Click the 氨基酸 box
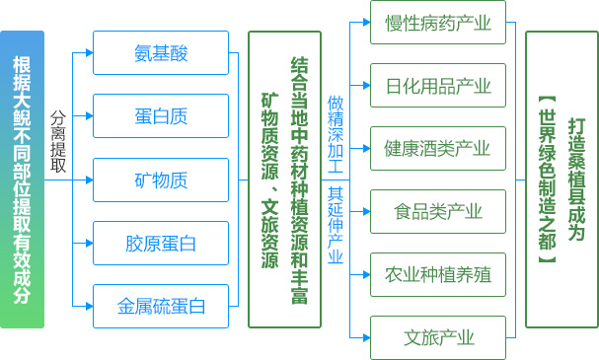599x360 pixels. [x=160, y=53]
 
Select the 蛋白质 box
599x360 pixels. [x=160, y=116]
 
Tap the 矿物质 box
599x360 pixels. [x=160, y=180]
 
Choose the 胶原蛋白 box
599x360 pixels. [x=160, y=243]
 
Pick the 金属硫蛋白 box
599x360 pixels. [x=160, y=306]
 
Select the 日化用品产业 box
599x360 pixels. [x=437, y=86]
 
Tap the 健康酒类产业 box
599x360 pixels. [x=437, y=148]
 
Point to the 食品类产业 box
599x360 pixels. [x=437, y=211]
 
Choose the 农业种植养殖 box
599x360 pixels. [x=437, y=274]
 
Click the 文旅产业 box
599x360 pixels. [x=437, y=337]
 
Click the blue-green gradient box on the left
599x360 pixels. [x=22, y=180]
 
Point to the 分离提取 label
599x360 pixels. [x=59, y=140]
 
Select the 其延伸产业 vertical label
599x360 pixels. [x=336, y=225]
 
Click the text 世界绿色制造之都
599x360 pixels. [x=549, y=180]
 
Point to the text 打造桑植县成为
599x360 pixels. [x=577, y=180]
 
